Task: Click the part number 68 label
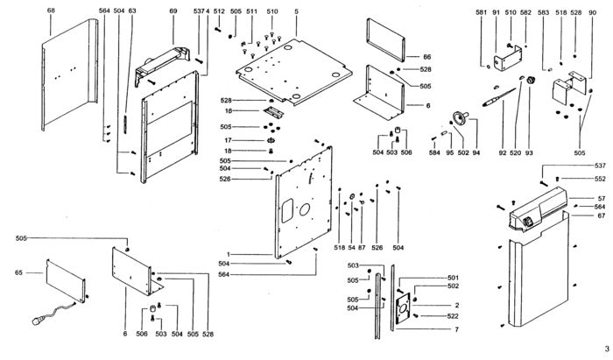point(51,11)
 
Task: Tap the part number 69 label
point(173,11)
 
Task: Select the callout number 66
point(427,57)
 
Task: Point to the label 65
point(18,272)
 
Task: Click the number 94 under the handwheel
point(476,152)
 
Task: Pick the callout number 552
point(600,179)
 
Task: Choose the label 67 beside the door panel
point(602,215)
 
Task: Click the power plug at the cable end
point(38,321)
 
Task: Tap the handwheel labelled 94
point(460,116)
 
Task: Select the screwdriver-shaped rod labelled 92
point(499,97)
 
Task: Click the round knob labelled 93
point(531,80)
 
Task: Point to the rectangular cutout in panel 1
point(287,210)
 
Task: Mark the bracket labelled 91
point(507,59)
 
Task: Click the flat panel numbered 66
point(385,39)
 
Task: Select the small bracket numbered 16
point(273,113)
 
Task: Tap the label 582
point(525,12)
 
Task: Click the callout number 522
point(453,316)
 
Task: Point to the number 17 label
point(228,140)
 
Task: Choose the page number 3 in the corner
point(607,349)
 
